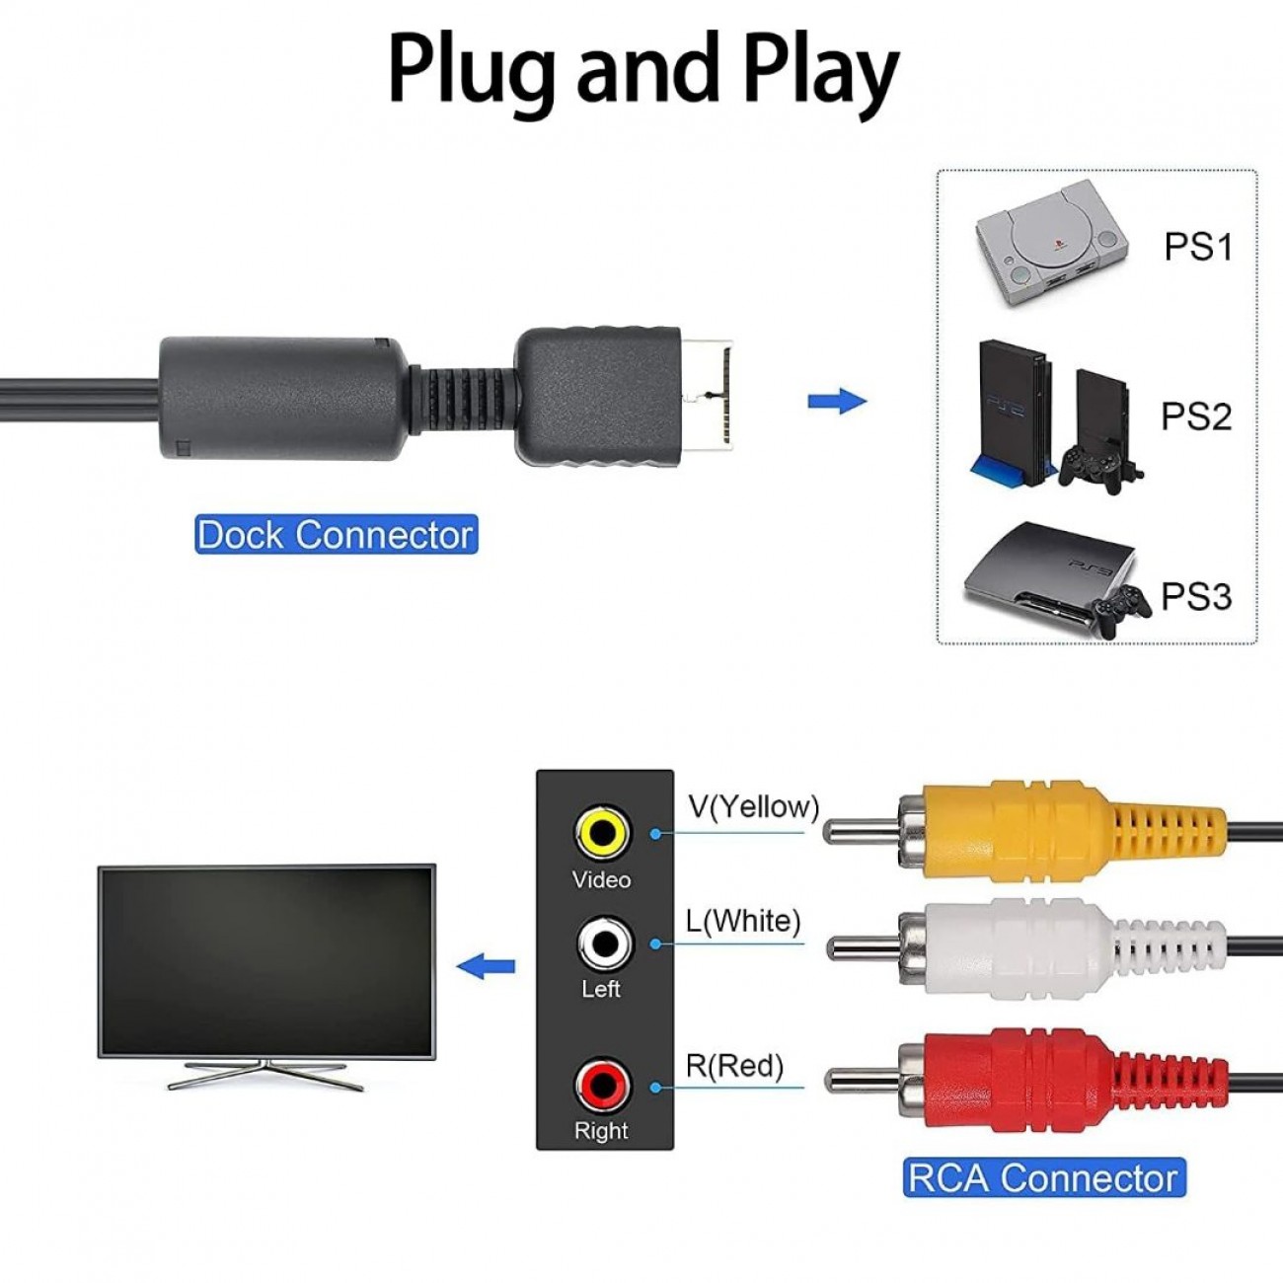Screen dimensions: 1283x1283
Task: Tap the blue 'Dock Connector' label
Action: pos(336,534)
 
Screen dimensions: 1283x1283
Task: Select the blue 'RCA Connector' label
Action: pos(1043,1177)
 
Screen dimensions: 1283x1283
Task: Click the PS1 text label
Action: pos(1198,246)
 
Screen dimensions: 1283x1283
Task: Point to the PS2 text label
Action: pos(1196,416)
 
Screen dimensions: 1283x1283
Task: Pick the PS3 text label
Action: pos(1196,596)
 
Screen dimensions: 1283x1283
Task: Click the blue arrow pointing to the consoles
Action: pos(837,402)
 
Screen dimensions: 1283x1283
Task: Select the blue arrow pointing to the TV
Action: pos(487,966)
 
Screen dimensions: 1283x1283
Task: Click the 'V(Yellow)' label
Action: pos(754,806)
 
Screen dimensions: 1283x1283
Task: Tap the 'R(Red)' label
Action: pos(734,1066)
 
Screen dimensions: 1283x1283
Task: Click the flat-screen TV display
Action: pos(266,961)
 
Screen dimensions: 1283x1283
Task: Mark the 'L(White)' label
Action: pos(743,921)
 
